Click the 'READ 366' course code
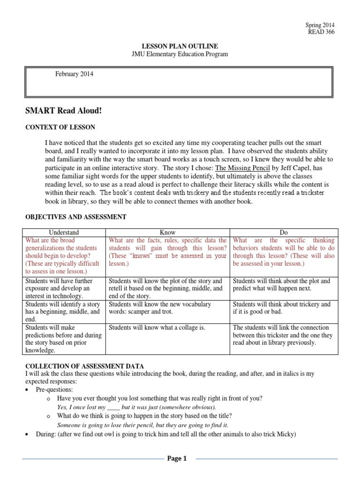click(321, 32)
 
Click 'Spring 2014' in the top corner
click(320, 25)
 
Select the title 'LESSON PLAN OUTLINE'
click(180, 46)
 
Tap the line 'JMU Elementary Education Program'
click(180, 54)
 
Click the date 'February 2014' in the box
click(74, 74)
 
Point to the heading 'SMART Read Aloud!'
click(63, 110)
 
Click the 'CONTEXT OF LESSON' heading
click(60, 127)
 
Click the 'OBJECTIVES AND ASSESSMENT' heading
click(75, 217)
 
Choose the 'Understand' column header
click(65, 232)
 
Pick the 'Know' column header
click(168, 232)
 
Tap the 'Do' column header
click(284, 232)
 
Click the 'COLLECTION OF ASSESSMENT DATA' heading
click(84, 366)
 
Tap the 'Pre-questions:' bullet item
click(55, 389)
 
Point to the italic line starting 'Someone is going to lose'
click(142, 425)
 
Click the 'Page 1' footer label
click(177, 459)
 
